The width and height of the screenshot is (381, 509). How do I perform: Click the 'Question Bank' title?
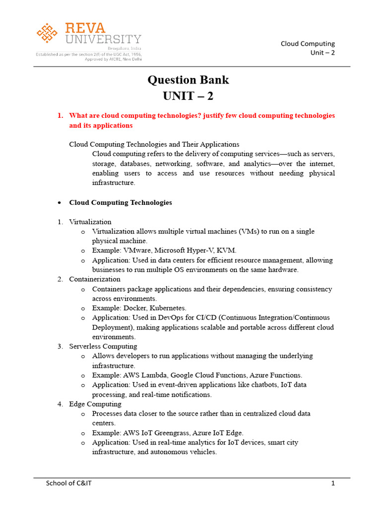pyautogui.click(x=189, y=80)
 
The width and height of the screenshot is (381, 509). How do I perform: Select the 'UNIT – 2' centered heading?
pyautogui.click(x=189, y=96)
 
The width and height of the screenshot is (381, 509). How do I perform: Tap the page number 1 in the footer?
pyautogui.click(x=334, y=483)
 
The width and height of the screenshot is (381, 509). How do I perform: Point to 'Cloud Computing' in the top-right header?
pyautogui.click(x=308, y=43)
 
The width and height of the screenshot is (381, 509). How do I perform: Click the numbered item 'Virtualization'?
pyautogui.click(x=90, y=222)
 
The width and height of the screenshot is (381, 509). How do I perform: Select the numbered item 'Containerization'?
pyautogui.click(x=95, y=279)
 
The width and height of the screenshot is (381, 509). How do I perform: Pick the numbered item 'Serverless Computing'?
pyautogui.click(x=103, y=346)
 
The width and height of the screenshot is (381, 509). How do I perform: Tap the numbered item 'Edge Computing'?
pyautogui.click(x=95, y=404)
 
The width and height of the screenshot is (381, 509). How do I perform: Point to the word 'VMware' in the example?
pyautogui.click(x=138, y=251)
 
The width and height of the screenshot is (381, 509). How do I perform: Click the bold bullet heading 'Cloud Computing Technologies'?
pyautogui.click(x=121, y=203)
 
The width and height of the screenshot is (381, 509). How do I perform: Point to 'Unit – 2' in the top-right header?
pyautogui.click(x=322, y=53)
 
